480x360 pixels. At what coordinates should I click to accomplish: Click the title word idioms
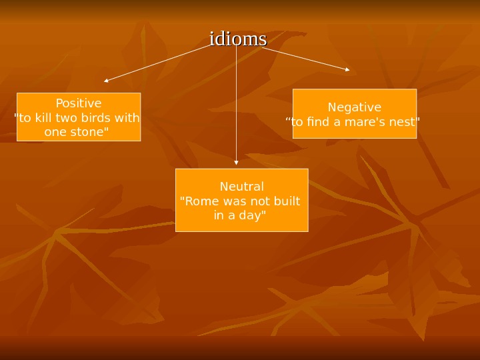click(238, 39)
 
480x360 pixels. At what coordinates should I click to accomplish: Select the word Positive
click(79, 103)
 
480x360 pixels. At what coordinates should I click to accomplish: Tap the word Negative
click(355, 107)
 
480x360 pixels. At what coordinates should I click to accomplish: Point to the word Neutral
click(242, 186)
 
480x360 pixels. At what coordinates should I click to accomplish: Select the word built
click(285, 201)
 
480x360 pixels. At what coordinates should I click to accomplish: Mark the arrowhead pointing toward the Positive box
click(106, 81)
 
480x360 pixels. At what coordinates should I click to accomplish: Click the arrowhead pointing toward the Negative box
click(347, 69)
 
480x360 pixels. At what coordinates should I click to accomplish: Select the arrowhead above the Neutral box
click(236, 162)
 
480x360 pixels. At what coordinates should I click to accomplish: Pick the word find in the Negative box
click(317, 122)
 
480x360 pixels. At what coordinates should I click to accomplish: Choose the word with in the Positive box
click(127, 118)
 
